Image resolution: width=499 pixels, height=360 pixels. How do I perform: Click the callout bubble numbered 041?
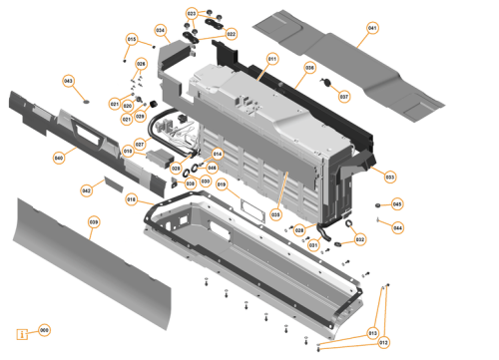(372, 28)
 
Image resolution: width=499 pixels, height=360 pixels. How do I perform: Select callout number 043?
(68, 81)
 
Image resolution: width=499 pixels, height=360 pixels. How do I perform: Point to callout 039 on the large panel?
(93, 222)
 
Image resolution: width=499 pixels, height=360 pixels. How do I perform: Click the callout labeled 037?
(343, 97)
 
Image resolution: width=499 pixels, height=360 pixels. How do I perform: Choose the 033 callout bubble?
(389, 177)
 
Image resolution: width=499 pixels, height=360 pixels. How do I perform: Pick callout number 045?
(397, 204)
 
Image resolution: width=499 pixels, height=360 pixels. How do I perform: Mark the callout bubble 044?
(397, 227)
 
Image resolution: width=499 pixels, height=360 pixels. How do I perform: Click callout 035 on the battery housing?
(275, 213)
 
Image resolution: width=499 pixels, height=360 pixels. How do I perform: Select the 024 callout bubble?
(160, 30)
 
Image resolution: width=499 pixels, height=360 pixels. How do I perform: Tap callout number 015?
(130, 40)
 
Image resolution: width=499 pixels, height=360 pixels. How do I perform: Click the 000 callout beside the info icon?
(44, 330)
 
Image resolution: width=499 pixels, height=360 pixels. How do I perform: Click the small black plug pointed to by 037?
(326, 84)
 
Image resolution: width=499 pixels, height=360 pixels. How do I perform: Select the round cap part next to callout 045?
(379, 203)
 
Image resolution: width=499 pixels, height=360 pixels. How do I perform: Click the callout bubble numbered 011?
(270, 61)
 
